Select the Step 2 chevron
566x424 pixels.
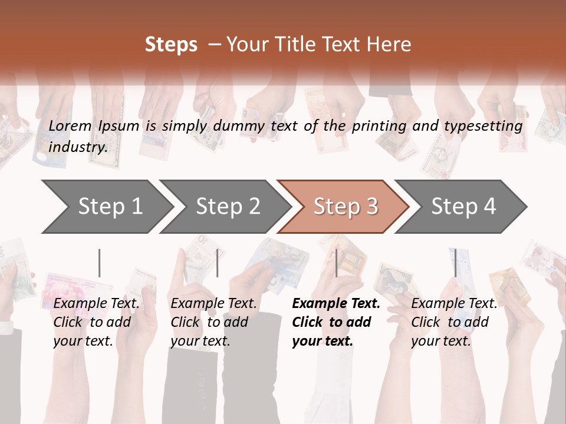pos(228,207)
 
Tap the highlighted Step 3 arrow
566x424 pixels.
pos(345,207)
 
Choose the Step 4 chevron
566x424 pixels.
pos(463,207)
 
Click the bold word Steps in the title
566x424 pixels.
pos(171,44)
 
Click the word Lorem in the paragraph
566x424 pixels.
pos(70,125)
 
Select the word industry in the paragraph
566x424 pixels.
pos(78,147)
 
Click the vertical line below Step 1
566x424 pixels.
pos(100,263)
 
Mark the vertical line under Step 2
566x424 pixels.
pos(218,263)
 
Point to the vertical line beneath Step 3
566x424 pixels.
pos(336,263)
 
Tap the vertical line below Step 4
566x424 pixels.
pos(455,263)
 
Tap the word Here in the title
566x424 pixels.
pos(392,44)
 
